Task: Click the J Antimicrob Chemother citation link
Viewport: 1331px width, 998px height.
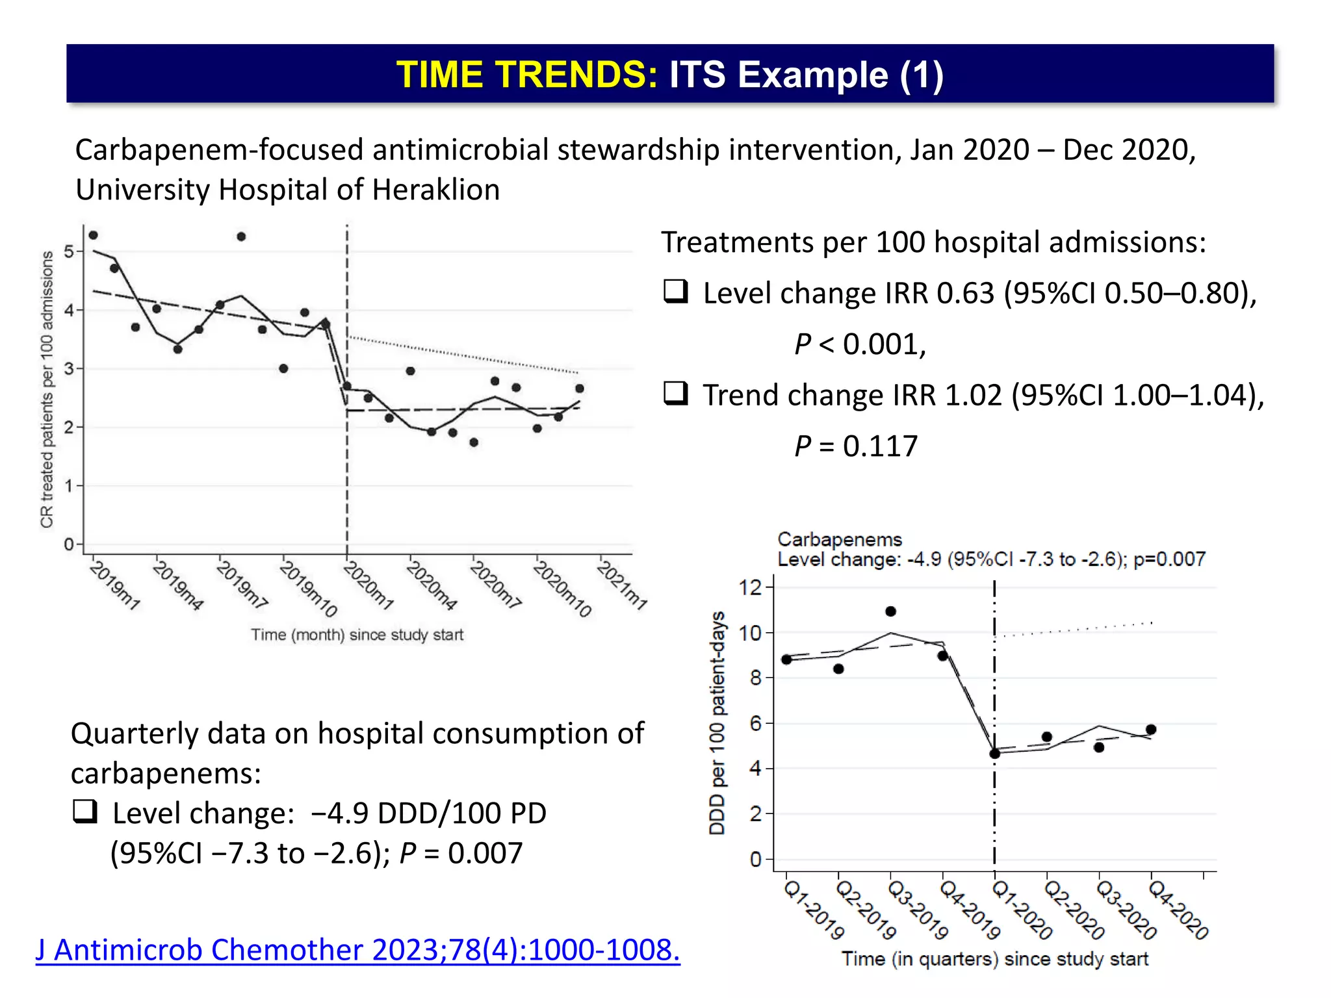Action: (357, 950)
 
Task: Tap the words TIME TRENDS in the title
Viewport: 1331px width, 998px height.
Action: (527, 74)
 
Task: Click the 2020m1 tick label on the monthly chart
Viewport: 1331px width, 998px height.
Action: (368, 585)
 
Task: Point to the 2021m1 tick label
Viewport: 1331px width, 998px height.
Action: (622, 585)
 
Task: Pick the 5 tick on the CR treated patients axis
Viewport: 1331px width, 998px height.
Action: (70, 251)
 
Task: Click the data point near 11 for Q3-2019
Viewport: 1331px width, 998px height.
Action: (890, 611)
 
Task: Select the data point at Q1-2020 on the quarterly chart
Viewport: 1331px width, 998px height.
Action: (994, 754)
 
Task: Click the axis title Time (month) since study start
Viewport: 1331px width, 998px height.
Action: (357, 635)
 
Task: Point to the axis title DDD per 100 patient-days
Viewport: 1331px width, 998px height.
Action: (717, 723)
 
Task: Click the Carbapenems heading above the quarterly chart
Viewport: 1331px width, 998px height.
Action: (840, 539)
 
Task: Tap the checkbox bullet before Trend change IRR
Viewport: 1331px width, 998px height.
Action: (675, 393)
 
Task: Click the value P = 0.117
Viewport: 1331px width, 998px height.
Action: (856, 446)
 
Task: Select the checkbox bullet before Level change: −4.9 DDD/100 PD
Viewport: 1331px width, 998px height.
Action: (85, 811)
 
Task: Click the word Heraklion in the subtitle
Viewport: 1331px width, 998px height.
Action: (436, 190)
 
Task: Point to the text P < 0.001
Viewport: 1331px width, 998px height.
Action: (859, 344)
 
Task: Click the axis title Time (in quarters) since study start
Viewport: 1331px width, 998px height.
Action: (994, 959)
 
